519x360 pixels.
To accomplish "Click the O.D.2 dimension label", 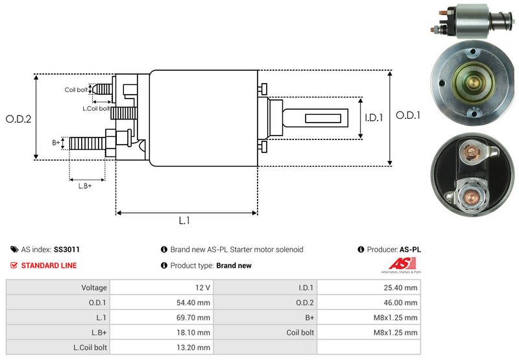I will [19, 119].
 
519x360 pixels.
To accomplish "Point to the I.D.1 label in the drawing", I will [374, 118].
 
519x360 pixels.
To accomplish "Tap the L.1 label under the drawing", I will [184, 221].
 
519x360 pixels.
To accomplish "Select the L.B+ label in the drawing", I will [85, 186].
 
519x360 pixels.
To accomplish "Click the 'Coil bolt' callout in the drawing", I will [76, 90].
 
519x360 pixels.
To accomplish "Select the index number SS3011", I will [67, 250].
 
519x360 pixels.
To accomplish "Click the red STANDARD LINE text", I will [49, 265].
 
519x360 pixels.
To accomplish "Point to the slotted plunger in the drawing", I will [319, 119].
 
